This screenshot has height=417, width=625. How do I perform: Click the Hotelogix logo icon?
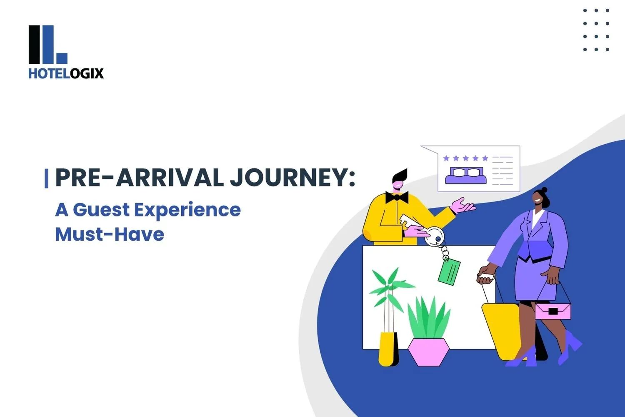click(x=47, y=45)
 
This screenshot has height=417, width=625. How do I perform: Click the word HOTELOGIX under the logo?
click(x=66, y=73)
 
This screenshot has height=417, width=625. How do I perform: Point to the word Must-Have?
click(x=110, y=234)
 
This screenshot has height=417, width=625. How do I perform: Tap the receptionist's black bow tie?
click(x=397, y=197)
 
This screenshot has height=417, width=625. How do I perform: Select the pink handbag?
click(x=552, y=311)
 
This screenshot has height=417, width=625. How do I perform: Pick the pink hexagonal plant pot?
click(x=428, y=351)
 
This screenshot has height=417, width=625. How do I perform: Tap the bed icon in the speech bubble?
click(x=466, y=176)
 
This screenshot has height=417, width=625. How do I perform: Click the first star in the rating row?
click(x=446, y=158)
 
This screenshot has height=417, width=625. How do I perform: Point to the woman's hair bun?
click(x=544, y=190)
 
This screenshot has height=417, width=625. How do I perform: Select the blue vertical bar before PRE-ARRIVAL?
click(x=46, y=178)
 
